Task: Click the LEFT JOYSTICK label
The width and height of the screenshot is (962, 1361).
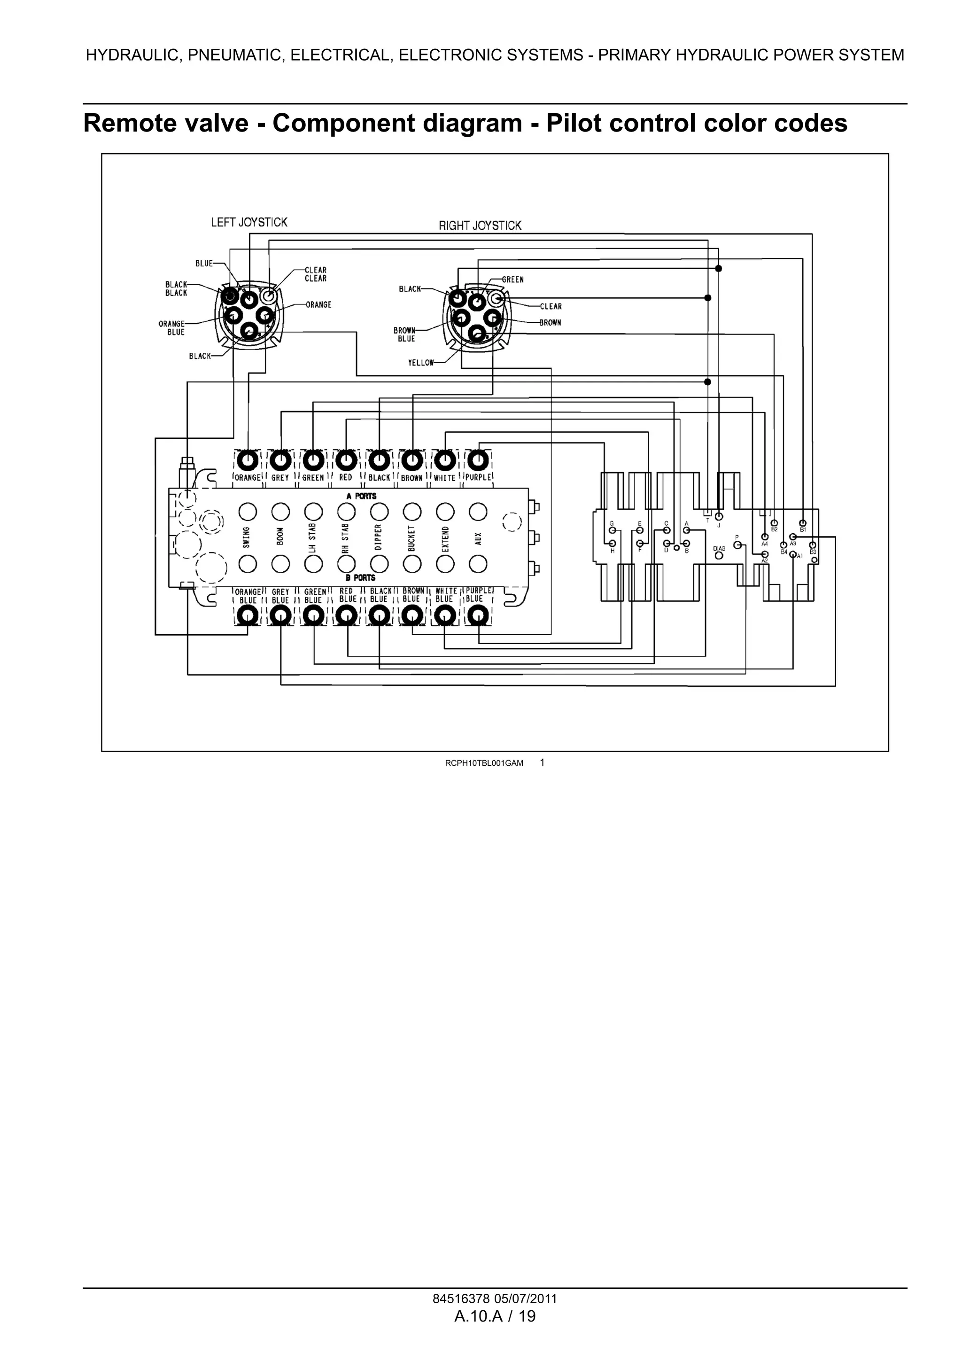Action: coord(249,222)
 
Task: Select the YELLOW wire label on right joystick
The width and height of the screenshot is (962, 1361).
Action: coord(421,363)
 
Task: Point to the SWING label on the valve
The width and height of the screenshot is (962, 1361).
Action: coord(247,537)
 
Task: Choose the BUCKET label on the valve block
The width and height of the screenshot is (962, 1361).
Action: coord(411,537)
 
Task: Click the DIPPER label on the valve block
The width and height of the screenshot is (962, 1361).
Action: coord(379,537)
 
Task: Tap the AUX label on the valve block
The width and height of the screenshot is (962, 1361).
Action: coord(478,537)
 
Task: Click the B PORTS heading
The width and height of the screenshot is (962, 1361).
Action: coord(360,577)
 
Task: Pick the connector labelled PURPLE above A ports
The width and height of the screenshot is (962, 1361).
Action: coord(478,460)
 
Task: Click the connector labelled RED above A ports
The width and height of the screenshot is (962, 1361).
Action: coord(346,460)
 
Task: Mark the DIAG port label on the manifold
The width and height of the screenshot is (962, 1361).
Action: coord(719,549)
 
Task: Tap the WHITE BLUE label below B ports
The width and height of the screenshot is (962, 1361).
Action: coord(445,595)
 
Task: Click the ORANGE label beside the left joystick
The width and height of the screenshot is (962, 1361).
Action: coord(318,305)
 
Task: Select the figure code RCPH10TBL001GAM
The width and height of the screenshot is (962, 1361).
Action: coord(484,763)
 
